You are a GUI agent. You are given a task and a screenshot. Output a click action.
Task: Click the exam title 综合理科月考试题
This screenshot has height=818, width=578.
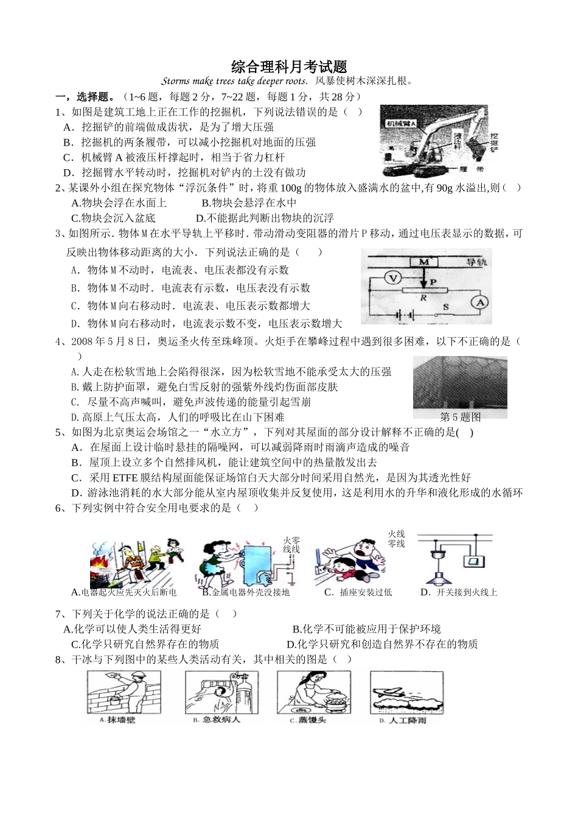pyautogui.click(x=289, y=66)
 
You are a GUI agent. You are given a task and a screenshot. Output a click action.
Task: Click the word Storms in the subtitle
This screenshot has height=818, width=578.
pyautogui.click(x=176, y=81)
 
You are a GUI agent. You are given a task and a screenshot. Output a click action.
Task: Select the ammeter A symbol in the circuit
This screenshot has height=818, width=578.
pyautogui.click(x=480, y=302)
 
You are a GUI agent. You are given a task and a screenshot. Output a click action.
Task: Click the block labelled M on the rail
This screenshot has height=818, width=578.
pyautogui.click(x=428, y=262)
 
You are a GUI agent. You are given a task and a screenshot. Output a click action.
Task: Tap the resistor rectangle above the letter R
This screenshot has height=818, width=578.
pyautogui.click(x=423, y=290)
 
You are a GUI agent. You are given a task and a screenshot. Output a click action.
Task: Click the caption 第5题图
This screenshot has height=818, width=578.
pyautogui.click(x=460, y=417)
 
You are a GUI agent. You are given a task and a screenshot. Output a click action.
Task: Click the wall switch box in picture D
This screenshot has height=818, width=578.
pyautogui.click(x=473, y=561)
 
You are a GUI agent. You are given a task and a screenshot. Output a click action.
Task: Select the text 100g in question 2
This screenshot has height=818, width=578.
pyautogui.click(x=284, y=188)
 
